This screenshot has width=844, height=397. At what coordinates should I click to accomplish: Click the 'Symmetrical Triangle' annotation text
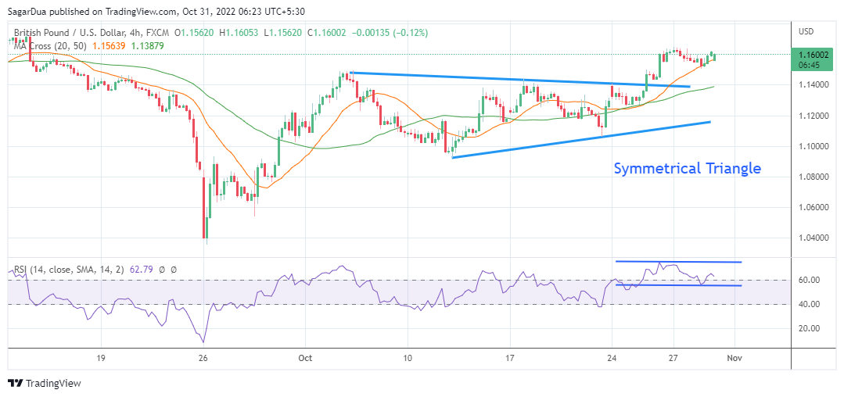pyautogui.click(x=687, y=168)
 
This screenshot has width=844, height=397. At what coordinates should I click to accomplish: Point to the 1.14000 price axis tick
pyautogui.click(x=814, y=84)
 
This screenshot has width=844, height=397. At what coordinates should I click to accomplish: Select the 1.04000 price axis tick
pyautogui.click(x=814, y=238)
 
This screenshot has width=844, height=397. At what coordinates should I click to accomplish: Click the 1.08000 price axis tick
pyautogui.click(x=814, y=177)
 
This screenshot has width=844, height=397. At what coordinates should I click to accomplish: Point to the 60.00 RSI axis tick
pyautogui.click(x=809, y=280)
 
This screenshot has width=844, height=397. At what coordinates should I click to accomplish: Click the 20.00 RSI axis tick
pyautogui.click(x=809, y=328)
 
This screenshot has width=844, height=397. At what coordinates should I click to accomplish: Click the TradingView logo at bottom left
pyautogui.click(x=45, y=383)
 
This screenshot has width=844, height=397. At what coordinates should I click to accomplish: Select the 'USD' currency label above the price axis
pyautogui.click(x=806, y=31)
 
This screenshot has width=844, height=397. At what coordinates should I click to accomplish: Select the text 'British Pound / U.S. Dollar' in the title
pyautogui.click(x=67, y=33)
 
